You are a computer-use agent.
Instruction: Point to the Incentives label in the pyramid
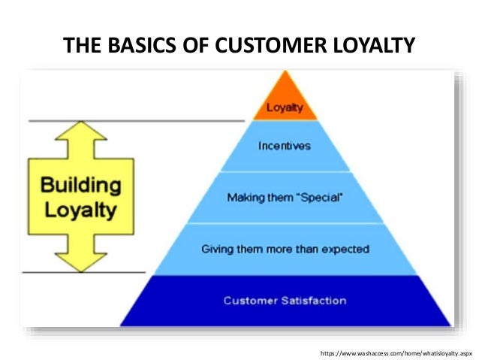pyautogui.click(x=284, y=146)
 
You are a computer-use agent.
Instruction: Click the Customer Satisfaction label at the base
pyautogui.click(x=285, y=301)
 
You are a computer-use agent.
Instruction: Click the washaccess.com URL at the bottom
pyautogui.click(x=396, y=352)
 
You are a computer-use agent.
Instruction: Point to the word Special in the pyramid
pyautogui.click(x=320, y=198)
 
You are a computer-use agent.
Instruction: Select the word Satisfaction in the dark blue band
pyautogui.click(x=311, y=301)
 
